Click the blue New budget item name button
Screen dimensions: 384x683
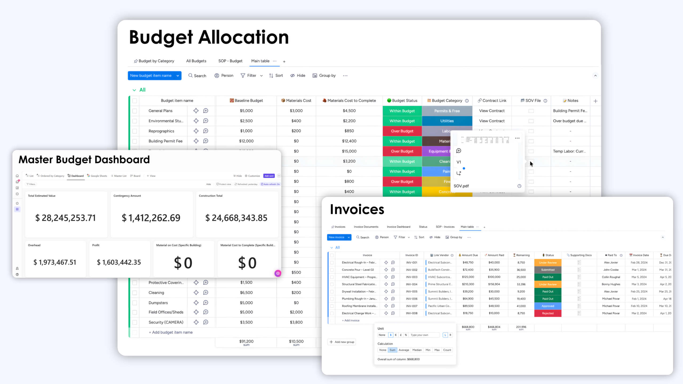pyautogui.click(x=151, y=76)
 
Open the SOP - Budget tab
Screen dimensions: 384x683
pyautogui.click(x=230, y=61)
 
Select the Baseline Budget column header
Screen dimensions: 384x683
pyautogui.click(x=246, y=101)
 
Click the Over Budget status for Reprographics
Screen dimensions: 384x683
pyautogui.click(x=402, y=131)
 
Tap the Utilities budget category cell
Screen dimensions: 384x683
pyautogui.click(x=447, y=121)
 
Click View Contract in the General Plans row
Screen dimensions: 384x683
pyautogui.click(x=492, y=111)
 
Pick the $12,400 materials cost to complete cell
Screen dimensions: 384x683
pyautogui.click(x=349, y=141)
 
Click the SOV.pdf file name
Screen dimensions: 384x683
pyautogui.click(x=461, y=186)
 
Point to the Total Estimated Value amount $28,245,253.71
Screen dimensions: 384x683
pyautogui.click(x=65, y=218)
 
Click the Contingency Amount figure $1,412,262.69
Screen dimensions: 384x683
pyautogui.click(x=151, y=218)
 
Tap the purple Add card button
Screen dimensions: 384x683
pyautogui.click(x=269, y=176)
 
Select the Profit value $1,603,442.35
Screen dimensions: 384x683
pyautogui.click(x=119, y=262)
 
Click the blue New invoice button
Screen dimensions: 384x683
pyautogui.click(x=336, y=237)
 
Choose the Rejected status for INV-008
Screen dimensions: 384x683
pyautogui.click(x=548, y=313)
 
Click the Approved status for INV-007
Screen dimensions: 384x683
pyautogui.click(x=548, y=306)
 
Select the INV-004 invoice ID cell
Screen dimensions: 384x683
pyautogui.click(x=412, y=284)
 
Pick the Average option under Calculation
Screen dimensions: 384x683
pyautogui.click(x=404, y=350)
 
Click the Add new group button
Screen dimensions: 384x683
pyautogui.click(x=342, y=342)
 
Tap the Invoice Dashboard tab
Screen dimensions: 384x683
pyautogui.click(x=399, y=227)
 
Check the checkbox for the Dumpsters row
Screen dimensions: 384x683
pyautogui.click(x=135, y=303)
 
